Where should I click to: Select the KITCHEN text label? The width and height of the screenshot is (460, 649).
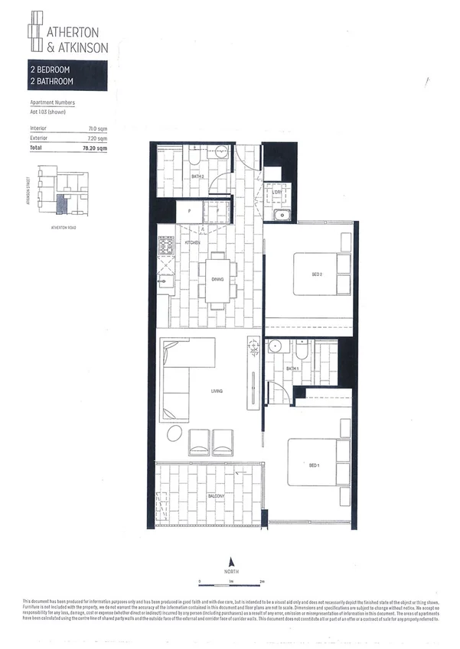(192, 242)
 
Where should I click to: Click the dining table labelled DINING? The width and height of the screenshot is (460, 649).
(217, 280)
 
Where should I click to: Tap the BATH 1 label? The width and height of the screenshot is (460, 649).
(292, 368)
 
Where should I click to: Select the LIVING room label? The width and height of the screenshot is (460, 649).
(217, 392)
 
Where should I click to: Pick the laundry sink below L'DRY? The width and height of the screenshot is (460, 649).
(281, 213)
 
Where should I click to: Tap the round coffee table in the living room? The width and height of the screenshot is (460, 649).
(175, 434)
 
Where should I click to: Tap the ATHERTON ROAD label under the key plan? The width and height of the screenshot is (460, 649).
(63, 227)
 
